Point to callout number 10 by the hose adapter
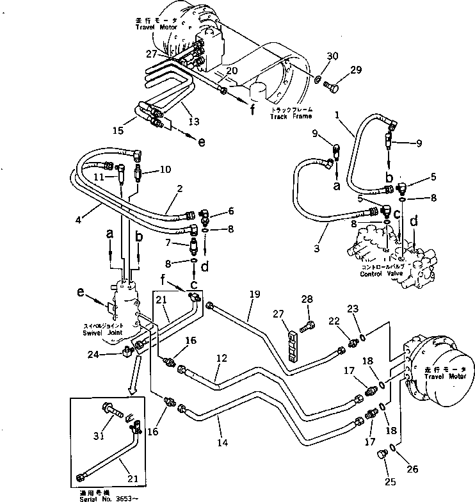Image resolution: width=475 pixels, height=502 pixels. click(x=166, y=170)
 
